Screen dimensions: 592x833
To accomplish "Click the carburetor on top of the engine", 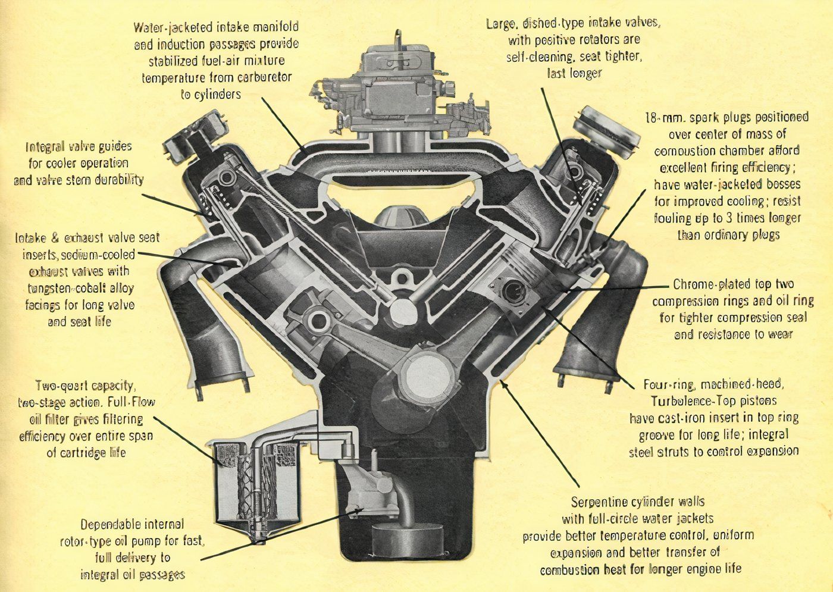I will (397, 95).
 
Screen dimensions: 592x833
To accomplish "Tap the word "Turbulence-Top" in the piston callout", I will (691, 400).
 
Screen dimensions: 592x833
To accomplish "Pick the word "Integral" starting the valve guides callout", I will (48, 146).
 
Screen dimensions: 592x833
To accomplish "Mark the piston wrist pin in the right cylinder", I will (513, 291).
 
